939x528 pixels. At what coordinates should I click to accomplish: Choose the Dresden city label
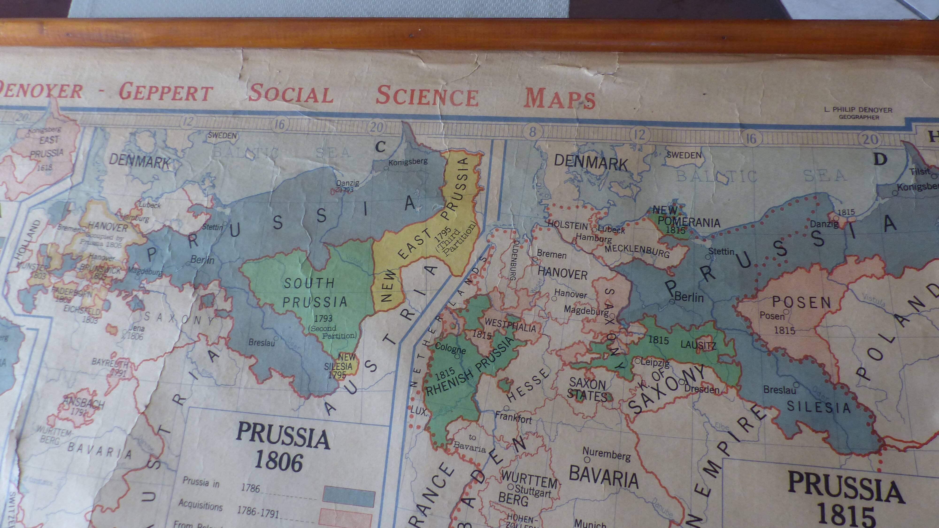701,389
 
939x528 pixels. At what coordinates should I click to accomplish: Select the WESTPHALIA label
510,326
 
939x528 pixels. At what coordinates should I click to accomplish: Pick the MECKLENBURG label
637,251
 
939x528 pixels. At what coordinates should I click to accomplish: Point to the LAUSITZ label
698,345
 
